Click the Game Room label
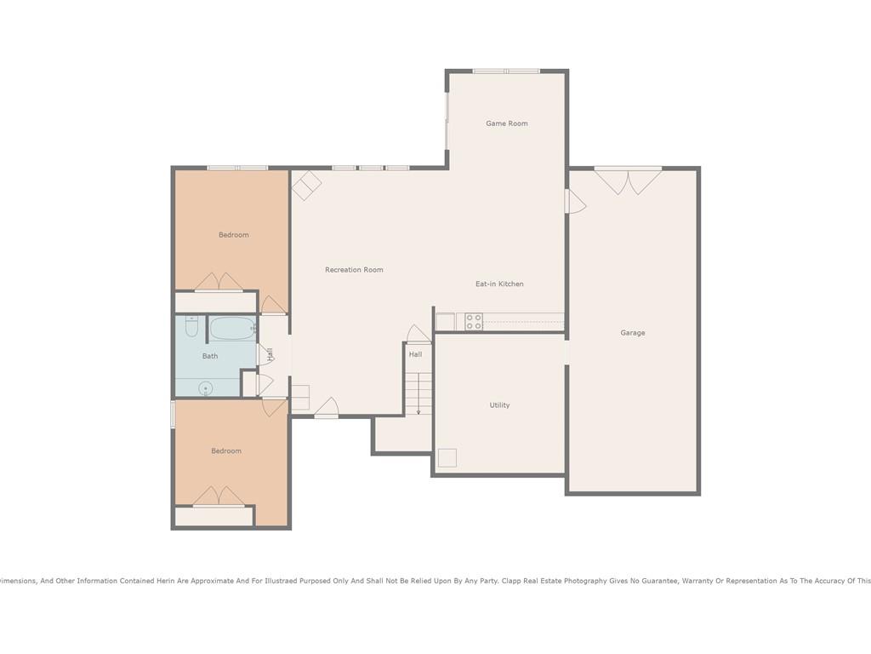pyautogui.click(x=507, y=123)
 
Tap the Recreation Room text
pyautogui.click(x=354, y=270)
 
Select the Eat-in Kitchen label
pyautogui.click(x=499, y=284)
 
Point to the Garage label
pyautogui.click(x=633, y=333)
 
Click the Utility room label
pyautogui.click(x=499, y=404)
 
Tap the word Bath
pyautogui.click(x=210, y=356)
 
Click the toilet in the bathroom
pyautogui.click(x=191, y=326)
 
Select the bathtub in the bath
pyautogui.click(x=233, y=328)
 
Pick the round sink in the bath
pyautogui.click(x=206, y=387)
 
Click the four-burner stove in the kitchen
pyautogui.click(x=474, y=322)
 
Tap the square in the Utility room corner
pyautogui.click(x=447, y=457)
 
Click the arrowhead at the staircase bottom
pyautogui.click(x=418, y=412)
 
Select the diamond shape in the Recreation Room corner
pyautogui.click(x=306, y=185)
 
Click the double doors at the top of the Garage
pyautogui.click(x=629, y=181)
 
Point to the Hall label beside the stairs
pyautogui.click(x=415, y=354)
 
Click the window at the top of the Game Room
pyautogui.click(x=506, y=72)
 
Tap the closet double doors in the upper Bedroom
pyautogui.click(x=219, y=282)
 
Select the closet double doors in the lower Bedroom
pyautogui.click(x=219, y=496)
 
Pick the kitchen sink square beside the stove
pyautogui.click(x=446, y=322)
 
